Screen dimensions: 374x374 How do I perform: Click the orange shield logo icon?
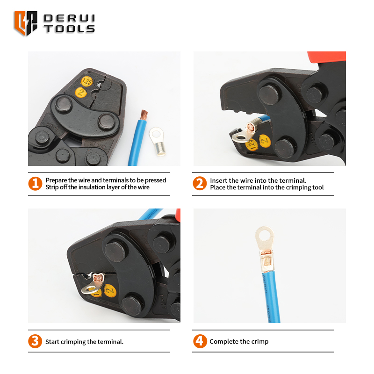[x=26, y=23]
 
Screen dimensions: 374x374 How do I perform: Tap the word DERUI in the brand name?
[x=69, y=18]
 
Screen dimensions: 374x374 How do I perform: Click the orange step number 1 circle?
[x=35, y=183]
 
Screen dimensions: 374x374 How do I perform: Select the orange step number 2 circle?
[x=200, y=183]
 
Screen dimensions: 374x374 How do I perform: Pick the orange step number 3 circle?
[x=35, y=341]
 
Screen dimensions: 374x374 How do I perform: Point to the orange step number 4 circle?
[x=200, y=341]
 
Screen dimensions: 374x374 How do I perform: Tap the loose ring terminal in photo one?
[x=158, y=141]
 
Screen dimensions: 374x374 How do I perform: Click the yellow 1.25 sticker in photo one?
[x=86, y=81]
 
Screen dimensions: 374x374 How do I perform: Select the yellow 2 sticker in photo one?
[x=81, y=92]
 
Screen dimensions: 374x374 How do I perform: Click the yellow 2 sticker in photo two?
[x=265, y=141]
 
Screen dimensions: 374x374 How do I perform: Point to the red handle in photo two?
[x=327, y=57]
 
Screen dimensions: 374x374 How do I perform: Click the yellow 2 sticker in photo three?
[x=110, y=291]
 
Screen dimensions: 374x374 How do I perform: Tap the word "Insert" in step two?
[x=218, y=180]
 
